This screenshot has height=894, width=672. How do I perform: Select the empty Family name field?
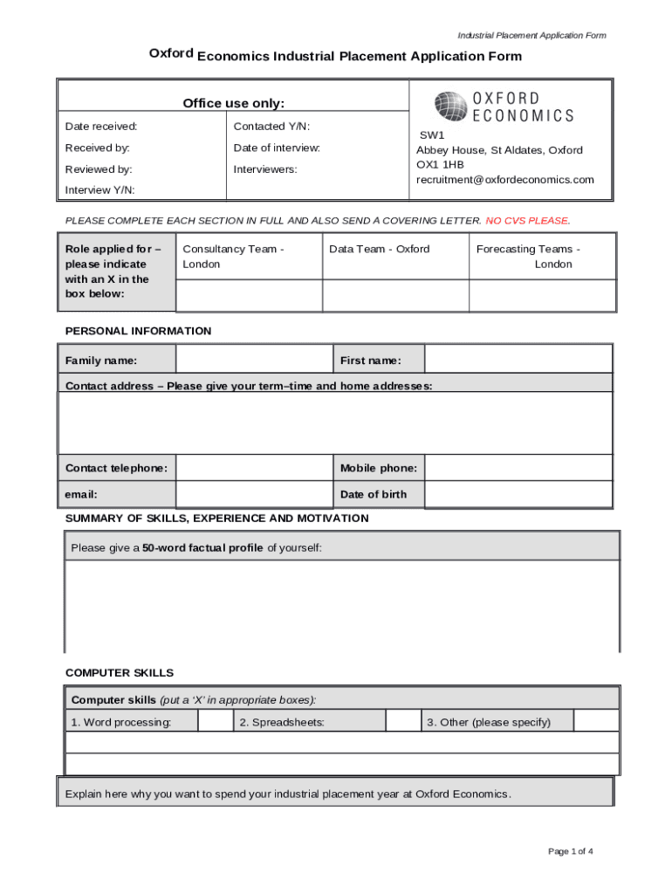254,360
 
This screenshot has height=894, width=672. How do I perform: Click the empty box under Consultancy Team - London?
250,295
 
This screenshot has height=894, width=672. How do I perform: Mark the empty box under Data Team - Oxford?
395,295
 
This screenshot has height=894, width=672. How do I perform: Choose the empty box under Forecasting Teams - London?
542,295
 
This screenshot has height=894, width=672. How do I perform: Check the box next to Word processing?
216,721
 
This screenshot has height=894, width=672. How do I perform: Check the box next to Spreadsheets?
403,721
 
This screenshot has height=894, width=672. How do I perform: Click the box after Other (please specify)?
596,721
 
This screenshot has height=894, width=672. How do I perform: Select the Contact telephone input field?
254,468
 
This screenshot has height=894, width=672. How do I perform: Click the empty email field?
254,494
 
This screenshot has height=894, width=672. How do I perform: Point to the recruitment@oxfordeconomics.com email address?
504,180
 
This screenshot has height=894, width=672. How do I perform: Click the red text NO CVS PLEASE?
527,221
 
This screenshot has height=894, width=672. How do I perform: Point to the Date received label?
101,127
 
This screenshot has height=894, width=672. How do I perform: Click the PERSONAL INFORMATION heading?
139,331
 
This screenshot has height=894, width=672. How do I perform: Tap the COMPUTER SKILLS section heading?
120,673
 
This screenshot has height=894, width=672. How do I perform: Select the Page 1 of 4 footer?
571,851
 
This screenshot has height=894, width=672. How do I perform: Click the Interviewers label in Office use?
265,169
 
